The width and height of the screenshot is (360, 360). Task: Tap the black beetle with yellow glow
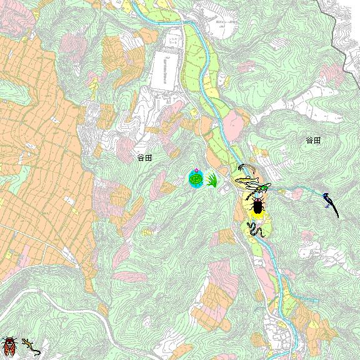[257, 206]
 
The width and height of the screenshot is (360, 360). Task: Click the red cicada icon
[9, 344]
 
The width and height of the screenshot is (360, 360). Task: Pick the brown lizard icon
[30, 346]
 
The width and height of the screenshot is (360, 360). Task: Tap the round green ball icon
[196, 179]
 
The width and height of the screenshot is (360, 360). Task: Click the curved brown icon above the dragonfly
[245, 169]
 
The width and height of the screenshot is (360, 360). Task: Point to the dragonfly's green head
[267, 186]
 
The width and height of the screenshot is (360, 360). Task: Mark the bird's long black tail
[334, 210]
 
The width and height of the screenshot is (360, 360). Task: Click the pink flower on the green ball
[196, 171]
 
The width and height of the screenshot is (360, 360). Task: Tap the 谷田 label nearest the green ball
[144, 157]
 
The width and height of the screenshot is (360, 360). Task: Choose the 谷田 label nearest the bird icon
[313, 141]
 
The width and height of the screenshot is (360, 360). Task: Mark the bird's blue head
[326, 197]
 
